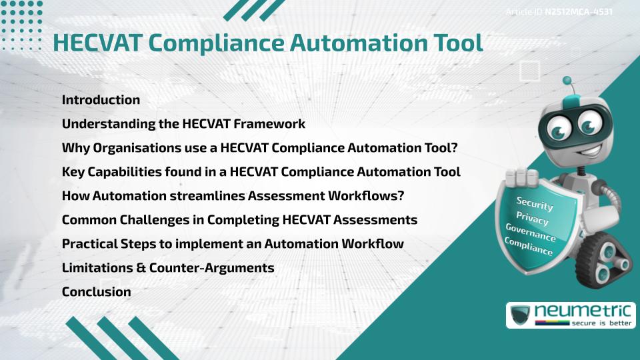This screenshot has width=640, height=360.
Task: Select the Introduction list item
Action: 101,100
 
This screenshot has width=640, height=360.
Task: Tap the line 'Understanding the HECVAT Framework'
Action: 183,124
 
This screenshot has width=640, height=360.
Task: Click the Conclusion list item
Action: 96,291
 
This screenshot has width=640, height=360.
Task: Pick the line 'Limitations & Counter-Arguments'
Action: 168,267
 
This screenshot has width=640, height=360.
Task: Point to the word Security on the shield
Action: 535,204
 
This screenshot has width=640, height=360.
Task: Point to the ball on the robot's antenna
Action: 567,81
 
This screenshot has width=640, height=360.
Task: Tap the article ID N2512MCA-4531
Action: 578,11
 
